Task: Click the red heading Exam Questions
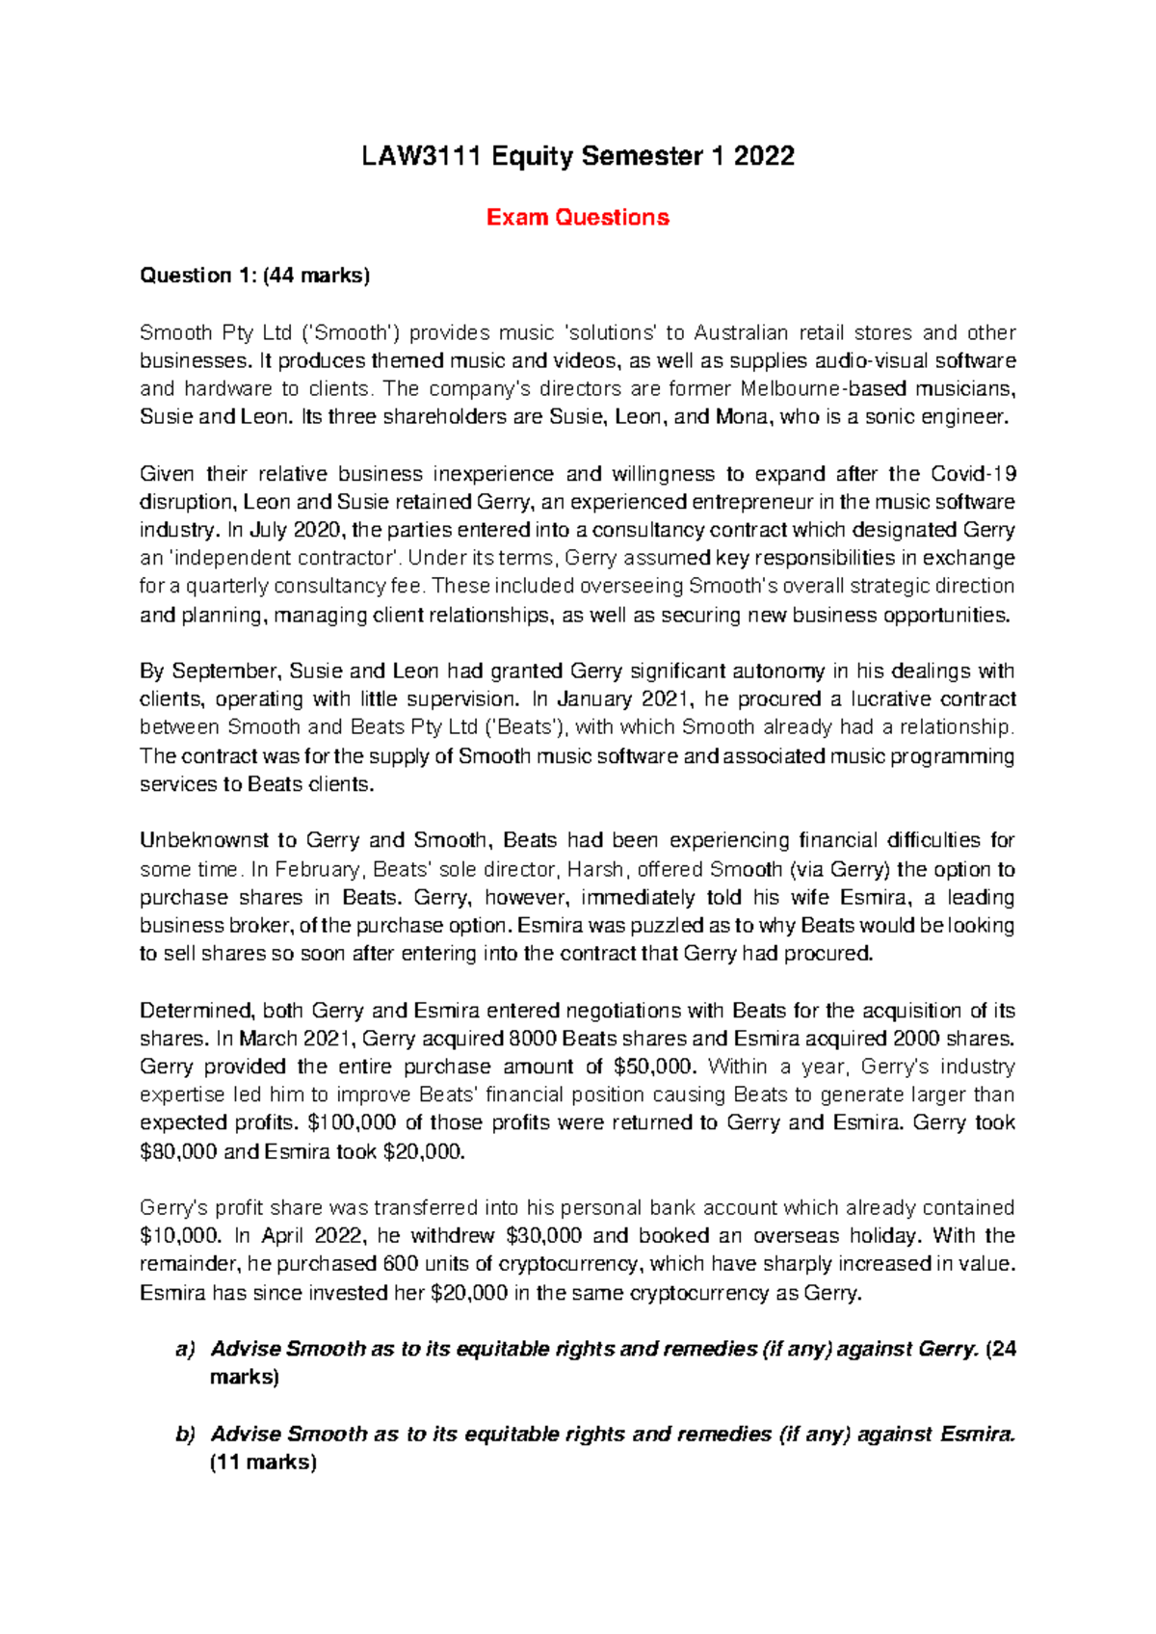[x=577, y=218]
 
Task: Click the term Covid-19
[x=973, y=474]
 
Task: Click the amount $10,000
[x=178, y=1236]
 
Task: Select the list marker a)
[x=185, y=1349]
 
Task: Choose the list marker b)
[x=185, y=1435]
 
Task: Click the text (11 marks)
[x=263, y=1463]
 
